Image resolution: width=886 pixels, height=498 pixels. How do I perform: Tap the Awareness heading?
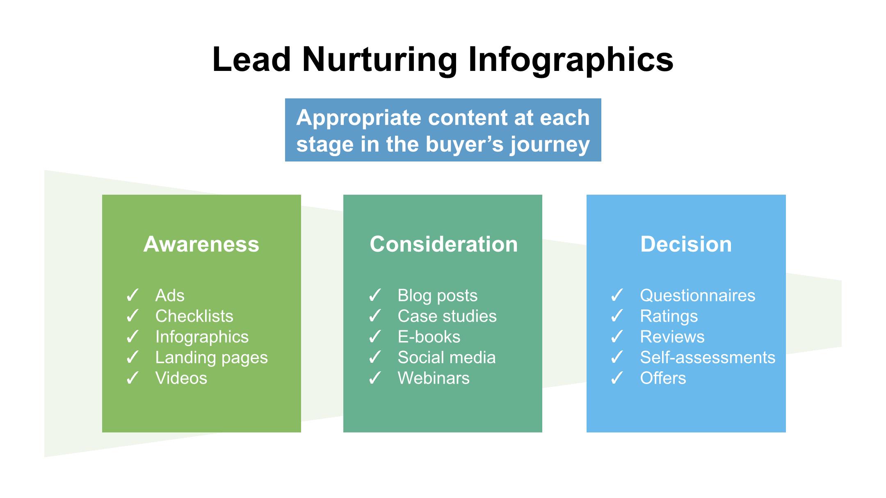coord(201,244)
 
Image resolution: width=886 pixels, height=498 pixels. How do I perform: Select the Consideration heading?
coord(444,244)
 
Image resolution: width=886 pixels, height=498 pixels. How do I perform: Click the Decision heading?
coord(686,244)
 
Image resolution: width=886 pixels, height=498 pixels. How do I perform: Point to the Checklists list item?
coord(194,316)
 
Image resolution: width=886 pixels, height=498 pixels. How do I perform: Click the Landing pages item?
coord(212,358)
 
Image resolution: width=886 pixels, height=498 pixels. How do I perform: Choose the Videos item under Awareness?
coord(181,378)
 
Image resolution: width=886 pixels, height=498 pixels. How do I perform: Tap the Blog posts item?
coord(438,296)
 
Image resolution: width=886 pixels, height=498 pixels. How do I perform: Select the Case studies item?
coord(447,316)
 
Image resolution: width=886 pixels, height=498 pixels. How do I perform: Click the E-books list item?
coord(429,337)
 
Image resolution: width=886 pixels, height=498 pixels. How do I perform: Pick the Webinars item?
coord(434,378)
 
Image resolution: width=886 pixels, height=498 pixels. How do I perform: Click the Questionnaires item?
coord(698,296)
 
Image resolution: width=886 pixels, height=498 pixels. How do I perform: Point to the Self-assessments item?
coord(708,357)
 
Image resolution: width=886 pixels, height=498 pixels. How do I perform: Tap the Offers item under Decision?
coord(663,378)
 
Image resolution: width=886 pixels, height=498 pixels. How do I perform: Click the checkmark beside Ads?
coord(132,295)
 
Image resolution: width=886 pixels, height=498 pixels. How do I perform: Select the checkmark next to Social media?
coord(375,357)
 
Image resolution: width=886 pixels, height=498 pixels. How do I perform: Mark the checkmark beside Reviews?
coord(617,337)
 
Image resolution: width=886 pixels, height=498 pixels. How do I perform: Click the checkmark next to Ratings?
coord(617,316)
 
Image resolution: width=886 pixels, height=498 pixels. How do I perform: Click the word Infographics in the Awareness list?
coord(202,337)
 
